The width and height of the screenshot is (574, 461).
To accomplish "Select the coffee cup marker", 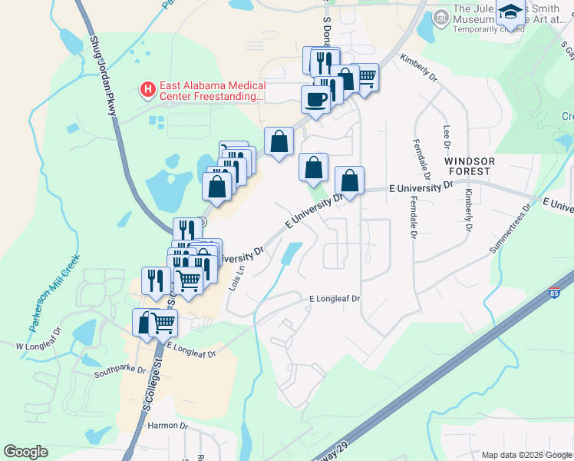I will (315, 98).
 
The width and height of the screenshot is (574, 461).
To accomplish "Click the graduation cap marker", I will (509, 12).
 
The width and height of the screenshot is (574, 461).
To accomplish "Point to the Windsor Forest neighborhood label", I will (470, 167).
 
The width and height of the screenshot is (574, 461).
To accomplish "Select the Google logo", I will (25, 452).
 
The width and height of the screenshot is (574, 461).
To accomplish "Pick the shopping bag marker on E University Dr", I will (349, 182).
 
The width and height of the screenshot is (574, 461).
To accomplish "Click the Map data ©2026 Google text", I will (527, 455).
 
